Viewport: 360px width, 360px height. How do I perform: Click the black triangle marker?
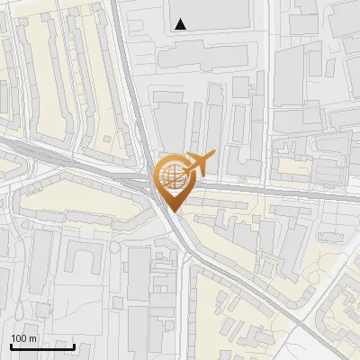click(x=181, y=24)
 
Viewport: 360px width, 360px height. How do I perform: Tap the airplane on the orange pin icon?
click(x=199, y=163)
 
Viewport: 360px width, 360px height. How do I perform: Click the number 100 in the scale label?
click(x=19, y=338)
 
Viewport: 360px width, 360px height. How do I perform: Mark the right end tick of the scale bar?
click(x=74, y=346)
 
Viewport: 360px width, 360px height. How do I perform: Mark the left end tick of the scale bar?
click(x=11, y=346)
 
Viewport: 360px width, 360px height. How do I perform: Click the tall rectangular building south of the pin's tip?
click(x=140, y=274)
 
